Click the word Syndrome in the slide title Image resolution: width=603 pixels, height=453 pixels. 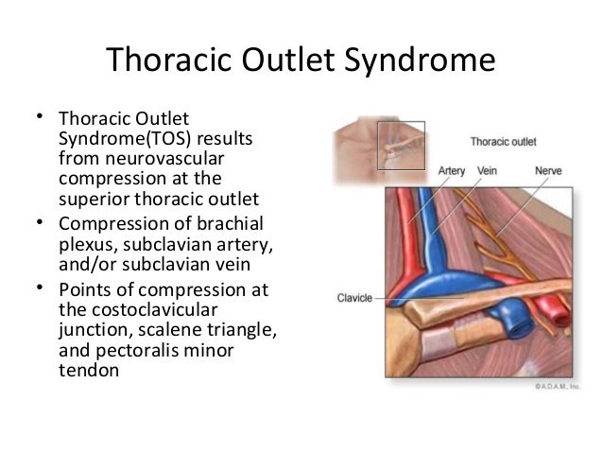[x=420, y=60]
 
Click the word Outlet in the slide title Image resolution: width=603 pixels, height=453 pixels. [x=288, y=60]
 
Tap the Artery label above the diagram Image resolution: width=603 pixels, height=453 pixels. [x=452, y=171]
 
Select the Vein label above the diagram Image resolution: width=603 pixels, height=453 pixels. [x=487, y=170]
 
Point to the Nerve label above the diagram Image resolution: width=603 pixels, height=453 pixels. [x=548, y=170]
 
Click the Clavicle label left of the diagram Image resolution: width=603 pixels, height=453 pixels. [x=354, y=298]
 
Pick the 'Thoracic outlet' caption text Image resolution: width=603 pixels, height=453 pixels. [x=503, y=142]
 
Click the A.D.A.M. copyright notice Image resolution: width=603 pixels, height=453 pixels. [x=557, y=387]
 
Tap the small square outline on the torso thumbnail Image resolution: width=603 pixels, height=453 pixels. [x=401, y=122]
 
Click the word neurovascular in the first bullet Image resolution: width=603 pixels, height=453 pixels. [x=164, y=159]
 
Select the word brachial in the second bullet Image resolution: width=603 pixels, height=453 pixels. [x=230, y=223]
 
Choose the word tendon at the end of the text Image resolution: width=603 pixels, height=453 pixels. [x=89, y=371]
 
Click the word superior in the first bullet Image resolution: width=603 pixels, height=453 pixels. [x=94, y=200]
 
